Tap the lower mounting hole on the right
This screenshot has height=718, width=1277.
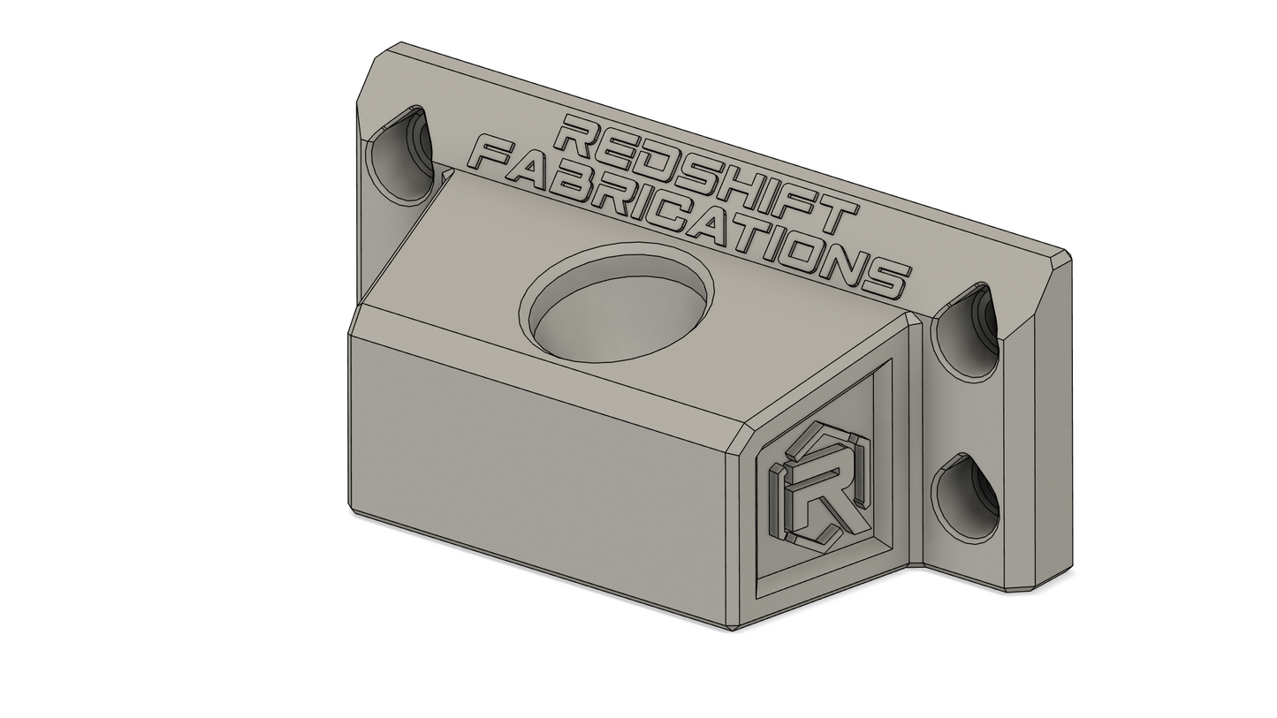pos(964,497)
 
